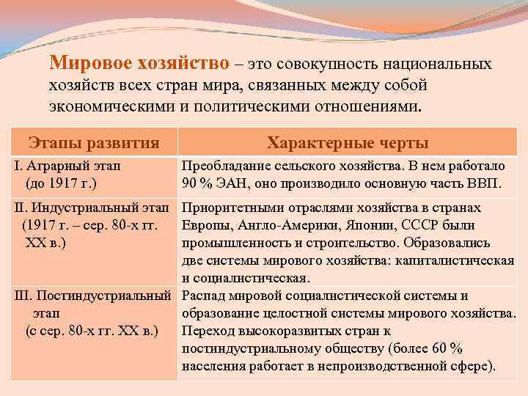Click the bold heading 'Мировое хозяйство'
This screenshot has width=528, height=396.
tap(139, 65)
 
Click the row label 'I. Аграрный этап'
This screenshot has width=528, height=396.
tap(67, 166)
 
